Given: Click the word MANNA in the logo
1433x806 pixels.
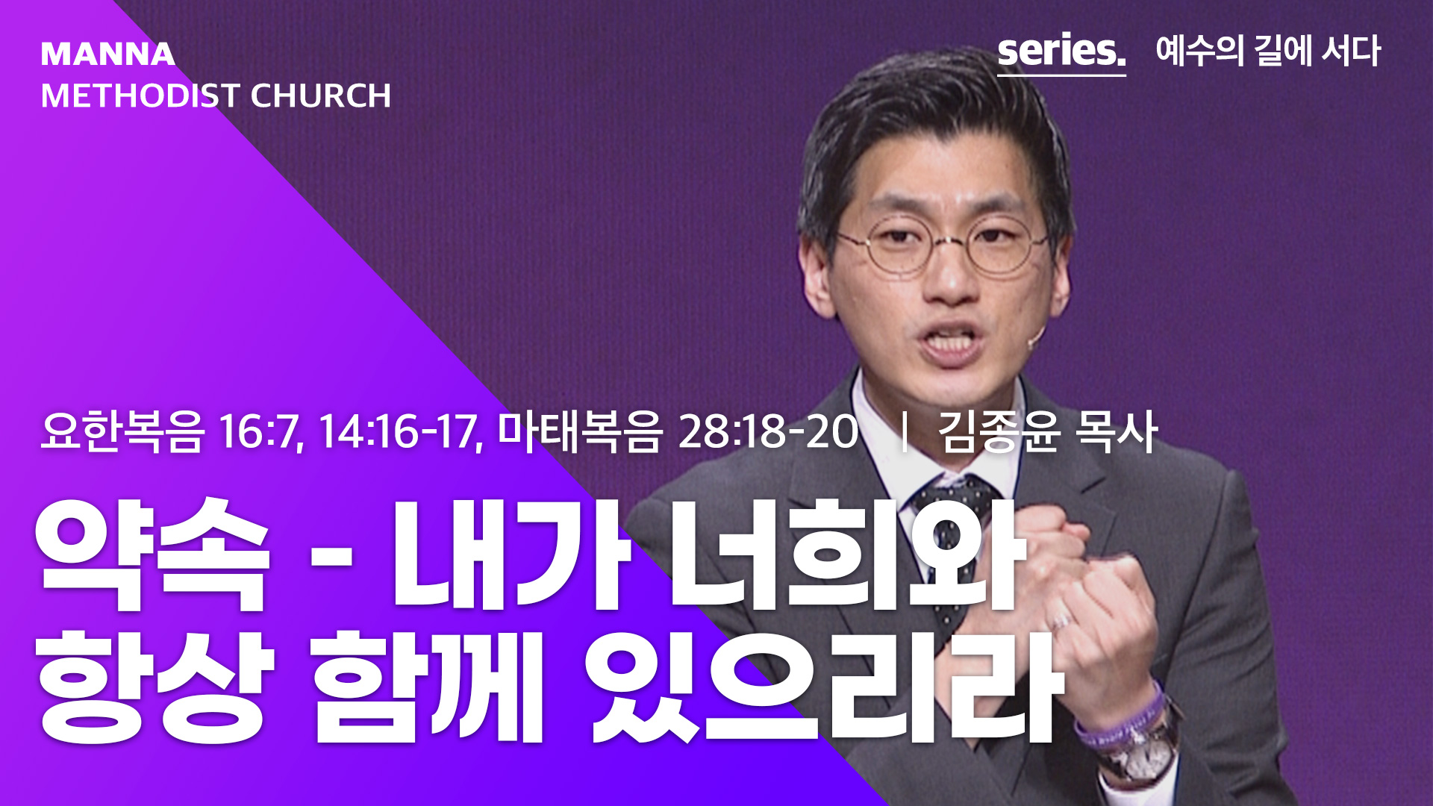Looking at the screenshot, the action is point(108,54).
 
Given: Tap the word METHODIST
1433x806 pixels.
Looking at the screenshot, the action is point(140,96).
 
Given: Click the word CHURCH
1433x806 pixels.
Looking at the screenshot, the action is point(320,96).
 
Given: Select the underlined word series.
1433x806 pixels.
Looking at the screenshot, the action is point(1061,51).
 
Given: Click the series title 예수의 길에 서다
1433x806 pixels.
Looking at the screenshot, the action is point(1268,51).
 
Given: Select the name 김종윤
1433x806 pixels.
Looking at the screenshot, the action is point(999,431).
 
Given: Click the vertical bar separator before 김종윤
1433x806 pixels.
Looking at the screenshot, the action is point(905,432).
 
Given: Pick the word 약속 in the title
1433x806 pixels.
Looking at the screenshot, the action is point(153,554).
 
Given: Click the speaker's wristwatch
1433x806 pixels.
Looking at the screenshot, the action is point(1138,750).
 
